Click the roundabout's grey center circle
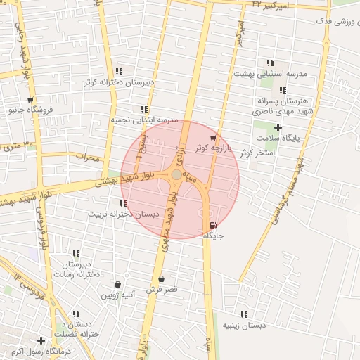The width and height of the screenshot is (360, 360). tap(176, 174)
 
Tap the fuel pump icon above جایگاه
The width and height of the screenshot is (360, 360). tap(212, 225)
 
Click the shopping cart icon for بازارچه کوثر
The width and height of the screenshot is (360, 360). tap(213, 138)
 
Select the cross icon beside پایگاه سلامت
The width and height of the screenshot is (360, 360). tap(278, 127)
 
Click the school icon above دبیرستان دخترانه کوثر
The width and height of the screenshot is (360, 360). tap(119, 71)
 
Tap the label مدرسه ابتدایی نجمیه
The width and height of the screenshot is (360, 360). tap(143, 120)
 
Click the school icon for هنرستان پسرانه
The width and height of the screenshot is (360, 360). tap(283, 90)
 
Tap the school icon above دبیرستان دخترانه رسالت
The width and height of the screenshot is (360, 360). tap(76, 253)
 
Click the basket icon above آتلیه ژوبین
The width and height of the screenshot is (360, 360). tap(117, 285)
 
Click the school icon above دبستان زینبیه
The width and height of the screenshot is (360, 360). tap(244, 314)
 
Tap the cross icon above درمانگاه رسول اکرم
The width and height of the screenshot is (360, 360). tap(41, 341)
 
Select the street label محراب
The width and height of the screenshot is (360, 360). tap(89, 156)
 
